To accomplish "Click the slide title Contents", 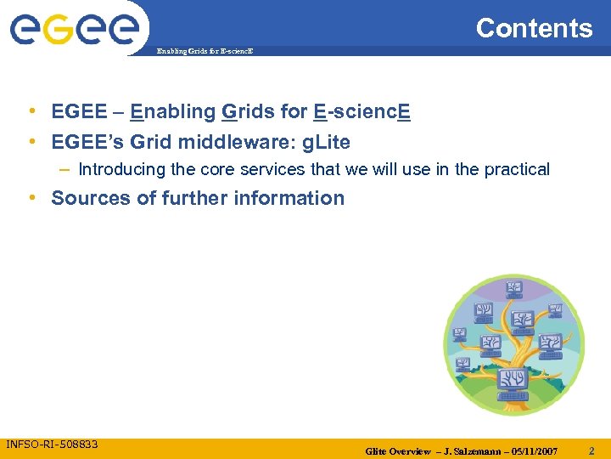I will click(534, 28).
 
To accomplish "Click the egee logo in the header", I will click(74, 31).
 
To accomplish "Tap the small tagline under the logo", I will click(205, 52).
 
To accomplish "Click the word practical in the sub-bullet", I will click(517, 169).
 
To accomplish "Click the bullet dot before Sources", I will click(31, 198).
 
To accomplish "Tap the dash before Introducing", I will click(64, 169).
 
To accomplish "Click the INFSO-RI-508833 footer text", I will click(52, 445).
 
